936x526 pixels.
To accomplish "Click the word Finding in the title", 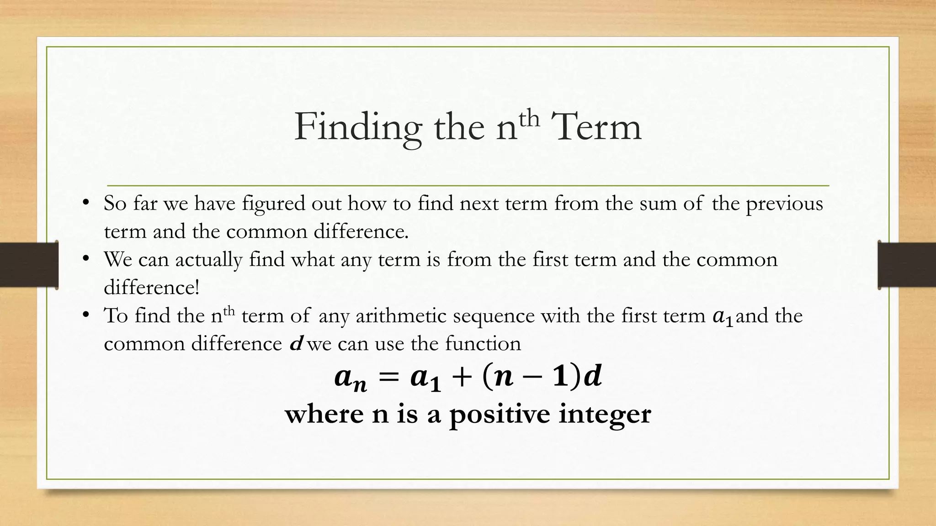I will (358, 128).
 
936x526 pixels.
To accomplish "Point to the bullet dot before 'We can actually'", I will (85, 259).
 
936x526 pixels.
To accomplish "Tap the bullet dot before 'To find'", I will (85, 315).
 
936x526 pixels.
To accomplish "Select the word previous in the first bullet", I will (784, 204).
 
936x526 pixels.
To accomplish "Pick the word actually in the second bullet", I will (208, 260).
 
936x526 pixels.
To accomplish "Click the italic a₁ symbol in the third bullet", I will (723, 317).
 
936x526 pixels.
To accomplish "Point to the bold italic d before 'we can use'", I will (296, 344).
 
